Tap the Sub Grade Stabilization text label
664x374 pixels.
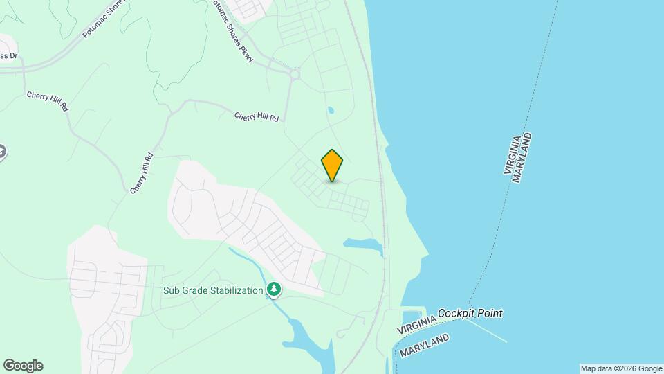click(x=213, y=290)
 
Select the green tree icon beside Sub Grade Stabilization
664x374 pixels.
click(x=275, y=290)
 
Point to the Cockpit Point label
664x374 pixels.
click(x=470, y=313)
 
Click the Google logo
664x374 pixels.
click(x=23, y=366)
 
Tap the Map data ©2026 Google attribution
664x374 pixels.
click(x=621, y=368)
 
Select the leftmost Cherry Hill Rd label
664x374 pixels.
click(x=48, y=101)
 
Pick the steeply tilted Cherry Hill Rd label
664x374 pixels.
click(x=141, y=173)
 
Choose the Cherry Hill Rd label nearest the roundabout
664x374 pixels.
click(x=256, y=118)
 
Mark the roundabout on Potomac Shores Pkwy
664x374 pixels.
click(x=295, y=73)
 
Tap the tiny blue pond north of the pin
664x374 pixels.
click(x=331, y=110)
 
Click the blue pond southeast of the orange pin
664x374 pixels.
click(x=363, y=244)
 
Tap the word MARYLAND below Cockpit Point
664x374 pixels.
click(x=424, y=346)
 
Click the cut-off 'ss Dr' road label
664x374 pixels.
click(x=8, y=56)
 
